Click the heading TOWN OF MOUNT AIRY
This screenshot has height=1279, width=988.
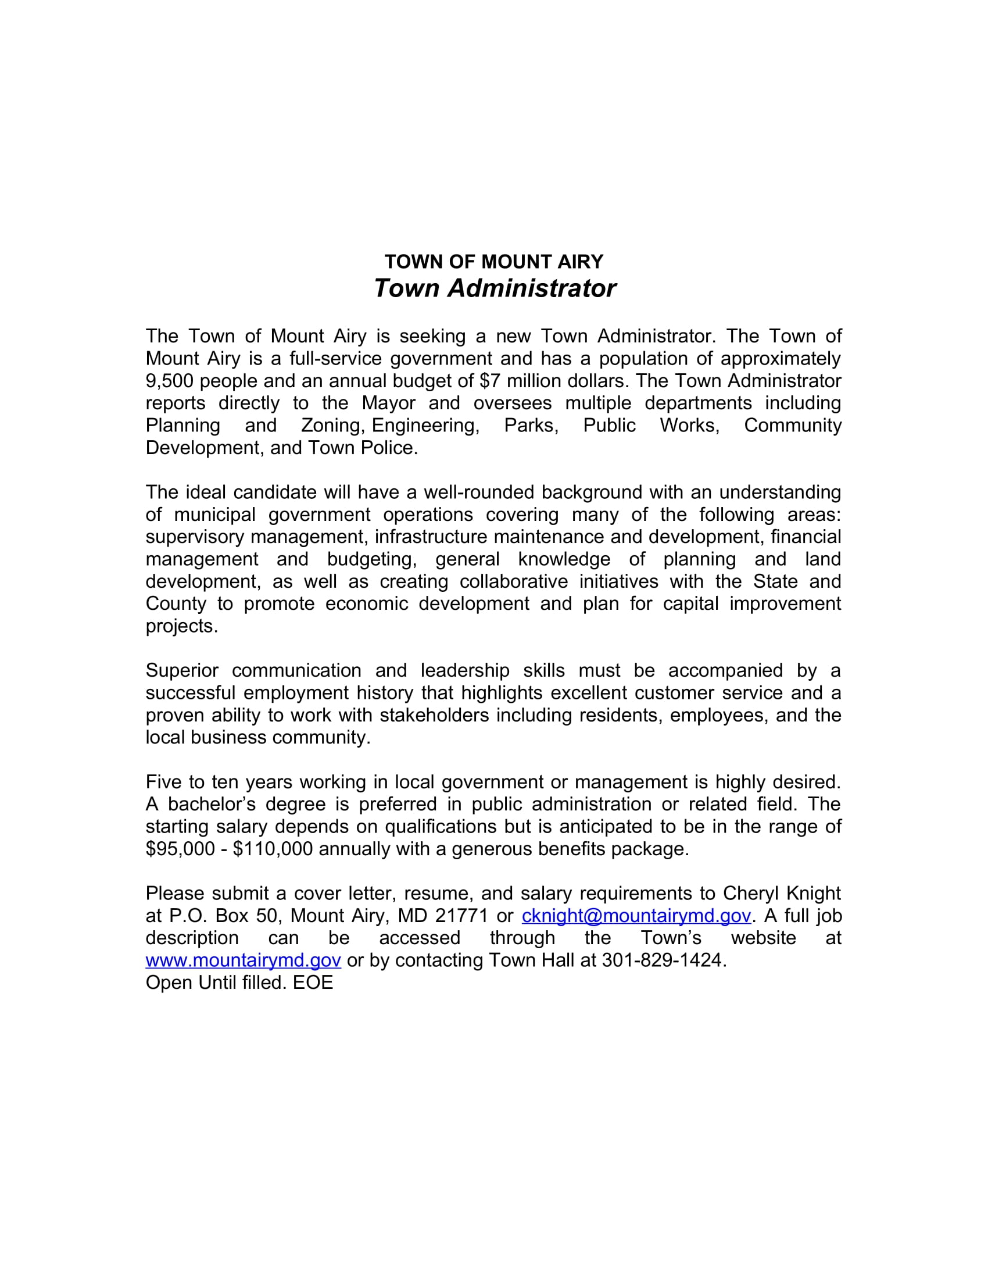(493, 261)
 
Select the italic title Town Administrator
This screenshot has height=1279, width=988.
(495, 288)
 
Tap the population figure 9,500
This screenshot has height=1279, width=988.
(169, 381)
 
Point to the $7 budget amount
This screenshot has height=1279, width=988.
(490, 381)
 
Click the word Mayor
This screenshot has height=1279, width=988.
(388, 403)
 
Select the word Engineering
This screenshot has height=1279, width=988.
(425, 426)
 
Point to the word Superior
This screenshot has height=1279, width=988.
(182, 670)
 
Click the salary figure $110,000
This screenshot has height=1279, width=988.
(273, 849)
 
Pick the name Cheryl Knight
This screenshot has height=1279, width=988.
(781, 894)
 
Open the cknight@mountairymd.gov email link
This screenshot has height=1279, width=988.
(636, 916)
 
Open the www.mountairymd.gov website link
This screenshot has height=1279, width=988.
(243, 960)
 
